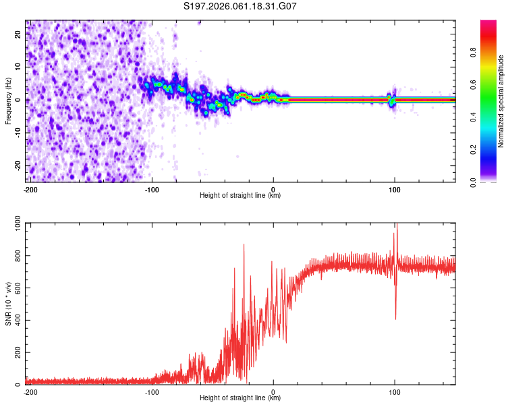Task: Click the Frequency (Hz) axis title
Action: pos(8,101)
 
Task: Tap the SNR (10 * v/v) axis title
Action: pos(8,304)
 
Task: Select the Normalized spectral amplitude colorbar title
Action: pos(501,101)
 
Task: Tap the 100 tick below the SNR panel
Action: pos(395,392)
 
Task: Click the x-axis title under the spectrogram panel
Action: pos(241,196)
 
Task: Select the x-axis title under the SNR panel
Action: pos(241,398)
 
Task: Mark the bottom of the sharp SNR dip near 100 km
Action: pos(395,319)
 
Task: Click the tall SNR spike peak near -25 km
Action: pos(244,245)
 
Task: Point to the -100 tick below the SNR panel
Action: pos(152,392)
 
